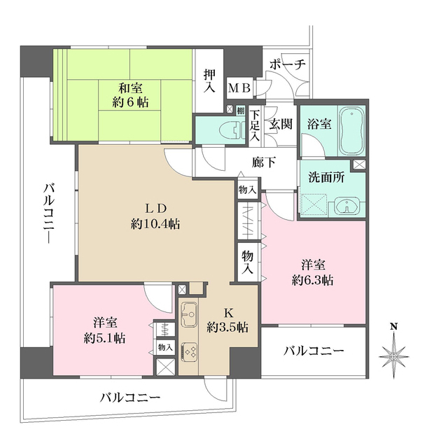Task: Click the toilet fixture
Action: (x=226, y=129)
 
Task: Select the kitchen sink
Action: (x=190, y=316)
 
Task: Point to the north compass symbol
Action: (x=394, y=353)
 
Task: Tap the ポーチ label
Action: (x=287, y=64)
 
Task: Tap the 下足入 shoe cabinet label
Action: (x=256, y=124)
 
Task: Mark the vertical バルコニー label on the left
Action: (x=49, y=213)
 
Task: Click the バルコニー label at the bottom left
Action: (x=129, y=397)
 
